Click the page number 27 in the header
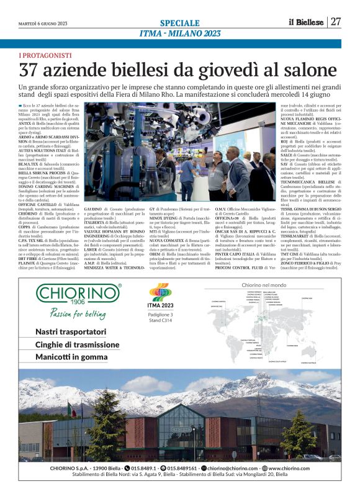tap(336, 22)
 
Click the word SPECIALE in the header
tap(180, 22)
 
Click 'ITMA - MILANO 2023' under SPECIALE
tap(179, 33)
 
